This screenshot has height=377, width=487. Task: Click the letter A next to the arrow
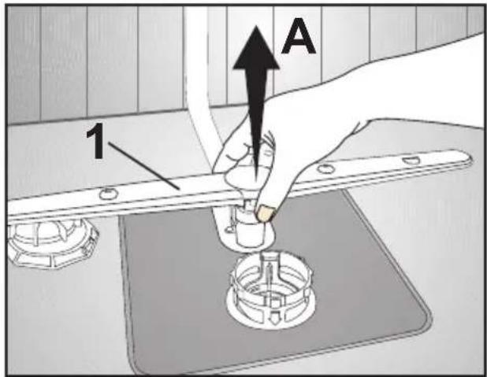click(x=299, y=36)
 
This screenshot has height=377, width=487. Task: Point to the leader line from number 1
click(x=143, y=166)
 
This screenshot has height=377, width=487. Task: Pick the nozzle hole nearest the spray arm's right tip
click(x=411, y=160)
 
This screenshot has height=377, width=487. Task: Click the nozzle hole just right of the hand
click(x=325, y=168)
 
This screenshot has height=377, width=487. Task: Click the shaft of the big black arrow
click(x=256, y=124)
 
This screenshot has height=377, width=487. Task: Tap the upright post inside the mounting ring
click(x=269, y=273)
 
